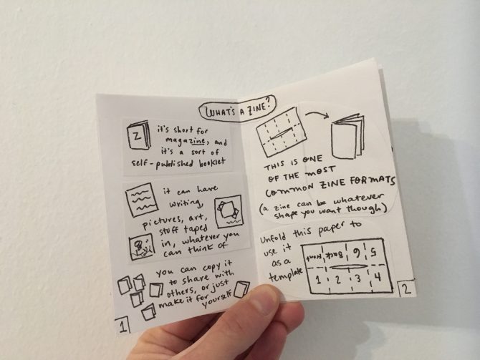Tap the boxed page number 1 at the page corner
point(125,326)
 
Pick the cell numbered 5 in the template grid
point(377,250)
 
